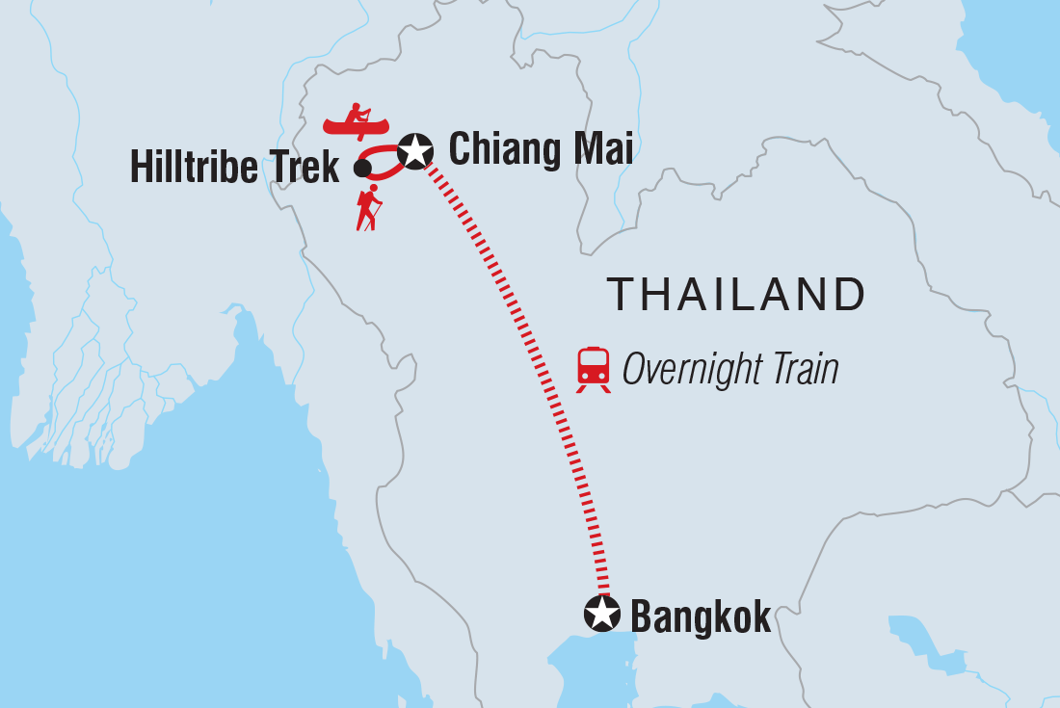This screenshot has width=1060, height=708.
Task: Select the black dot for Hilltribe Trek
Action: coord(362,169)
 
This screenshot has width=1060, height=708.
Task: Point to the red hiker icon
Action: coord(368,208)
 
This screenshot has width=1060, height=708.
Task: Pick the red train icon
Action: coord(594,369)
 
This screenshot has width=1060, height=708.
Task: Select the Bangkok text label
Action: coord(701,616)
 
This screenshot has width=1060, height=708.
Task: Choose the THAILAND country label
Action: coord(735,295)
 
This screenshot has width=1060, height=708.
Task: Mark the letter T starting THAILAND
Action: coord(621,295)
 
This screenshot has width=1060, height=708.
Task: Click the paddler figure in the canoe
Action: coord(358,114)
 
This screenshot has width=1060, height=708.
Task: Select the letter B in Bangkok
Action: coord(641,616)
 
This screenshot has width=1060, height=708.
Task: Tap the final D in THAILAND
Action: coord(848,295)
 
